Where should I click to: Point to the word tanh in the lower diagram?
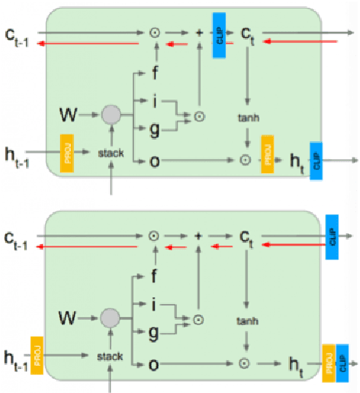click(247, 320)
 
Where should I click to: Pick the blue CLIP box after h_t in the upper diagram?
click(316, 161)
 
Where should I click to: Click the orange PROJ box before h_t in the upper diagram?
click(267, 151)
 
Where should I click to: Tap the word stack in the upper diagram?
click(111, 154)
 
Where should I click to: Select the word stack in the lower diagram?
click(110, 356)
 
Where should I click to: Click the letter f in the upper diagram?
click(160, 73)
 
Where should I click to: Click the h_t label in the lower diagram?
click(297, 363)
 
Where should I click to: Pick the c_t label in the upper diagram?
click(249, 35)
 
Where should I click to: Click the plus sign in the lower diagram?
click(199, 235)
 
